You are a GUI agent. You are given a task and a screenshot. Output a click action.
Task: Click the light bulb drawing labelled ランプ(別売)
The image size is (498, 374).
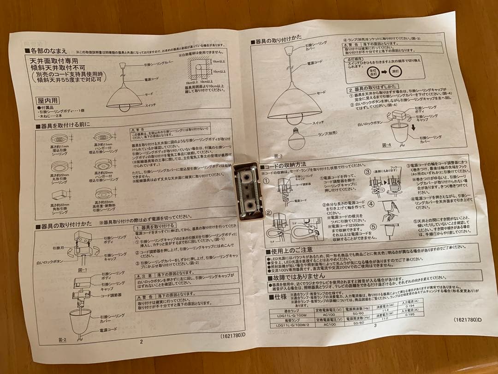296,136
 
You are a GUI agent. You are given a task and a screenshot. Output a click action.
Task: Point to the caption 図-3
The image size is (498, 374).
278,156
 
